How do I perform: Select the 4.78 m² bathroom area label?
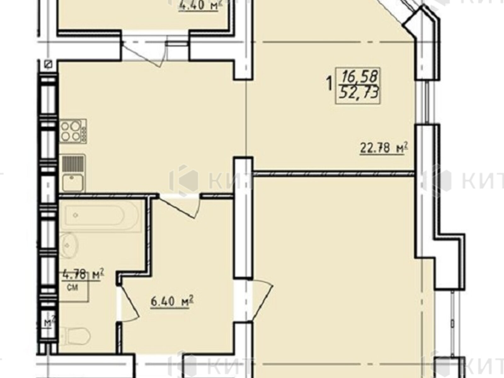tap(83, 275)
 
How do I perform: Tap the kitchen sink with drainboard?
tap(73, 173)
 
